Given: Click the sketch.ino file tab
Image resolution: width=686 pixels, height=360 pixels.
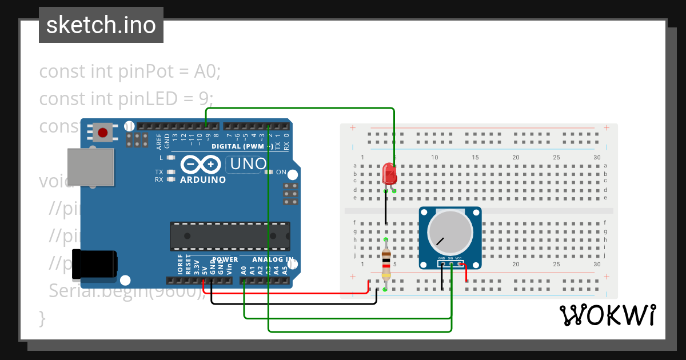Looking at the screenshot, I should pos(101,25).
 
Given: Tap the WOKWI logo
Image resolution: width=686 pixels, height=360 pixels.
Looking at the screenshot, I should pos(607,315).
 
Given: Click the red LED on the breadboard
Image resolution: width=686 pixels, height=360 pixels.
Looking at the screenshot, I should pos(390,173).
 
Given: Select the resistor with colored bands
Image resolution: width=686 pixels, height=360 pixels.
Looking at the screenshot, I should pos(386,264).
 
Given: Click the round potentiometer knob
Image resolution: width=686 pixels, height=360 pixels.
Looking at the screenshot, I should pos(450,232).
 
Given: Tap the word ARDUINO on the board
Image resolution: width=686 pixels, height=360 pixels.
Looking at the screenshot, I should pos(203,179).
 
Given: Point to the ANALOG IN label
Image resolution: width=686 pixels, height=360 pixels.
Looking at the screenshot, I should pos(273,260).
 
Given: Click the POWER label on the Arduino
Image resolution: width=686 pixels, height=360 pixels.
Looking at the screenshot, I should pos(225,260).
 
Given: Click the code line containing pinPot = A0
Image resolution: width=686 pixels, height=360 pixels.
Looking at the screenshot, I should pos(130,72).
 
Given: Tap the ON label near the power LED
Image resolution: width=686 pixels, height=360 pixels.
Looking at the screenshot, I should pos(281,172).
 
